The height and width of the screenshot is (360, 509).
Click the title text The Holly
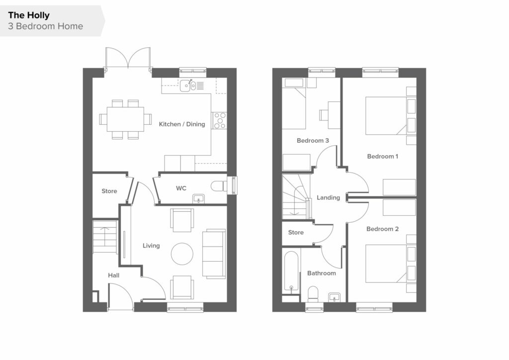click(28, 15)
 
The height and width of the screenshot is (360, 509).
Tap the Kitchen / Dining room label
click(182, 124)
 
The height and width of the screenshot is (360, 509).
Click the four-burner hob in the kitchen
click(219, 120)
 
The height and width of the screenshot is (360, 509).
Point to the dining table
click(125, 119)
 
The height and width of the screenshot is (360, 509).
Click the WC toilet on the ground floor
click(219, 186)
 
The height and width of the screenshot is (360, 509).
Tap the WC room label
click(181, 188)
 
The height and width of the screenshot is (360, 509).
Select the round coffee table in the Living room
click(182, 254)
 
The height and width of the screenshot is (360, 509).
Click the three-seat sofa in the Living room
click(214, 254)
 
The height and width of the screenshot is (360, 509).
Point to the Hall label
click(114, 275)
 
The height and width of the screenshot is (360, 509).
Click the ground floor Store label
click(109, 191)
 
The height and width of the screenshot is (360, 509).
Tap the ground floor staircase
click(105, 236)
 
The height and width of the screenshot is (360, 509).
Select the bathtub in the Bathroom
click(291, 271)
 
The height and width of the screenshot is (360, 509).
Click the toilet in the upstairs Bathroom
click(313, 294)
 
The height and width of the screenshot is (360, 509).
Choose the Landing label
click(328, 198)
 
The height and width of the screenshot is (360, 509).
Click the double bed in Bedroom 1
click(386, 115)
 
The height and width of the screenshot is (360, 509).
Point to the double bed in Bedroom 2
click(386, 264)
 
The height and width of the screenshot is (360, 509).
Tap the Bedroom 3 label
click(313, 141)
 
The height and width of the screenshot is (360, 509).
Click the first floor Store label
click(296, 232)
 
